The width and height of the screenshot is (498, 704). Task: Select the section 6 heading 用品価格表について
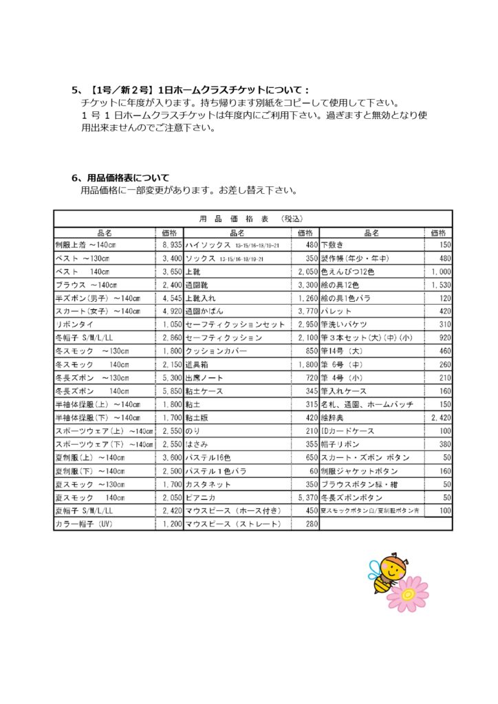click(123, 178)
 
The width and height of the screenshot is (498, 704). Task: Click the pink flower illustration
click(409, 594)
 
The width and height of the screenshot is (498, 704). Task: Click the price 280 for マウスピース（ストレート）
click(311, 524)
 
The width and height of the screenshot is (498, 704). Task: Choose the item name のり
click(193, 431)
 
